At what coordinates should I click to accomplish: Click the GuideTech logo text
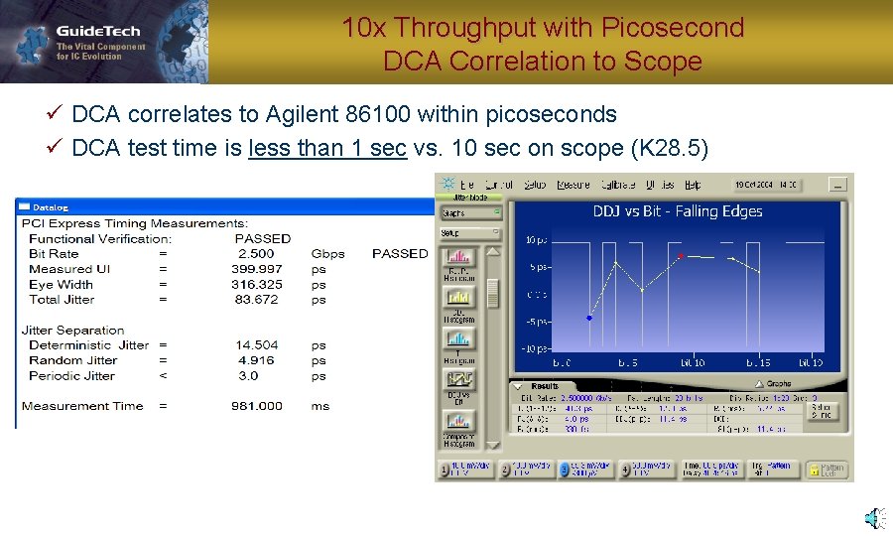point(97,31)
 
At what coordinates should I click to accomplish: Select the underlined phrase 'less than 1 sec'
point(327,149)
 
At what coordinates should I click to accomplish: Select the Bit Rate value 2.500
point(256,254)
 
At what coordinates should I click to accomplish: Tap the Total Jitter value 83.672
point(257,299)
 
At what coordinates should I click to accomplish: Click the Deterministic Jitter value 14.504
point(257,345)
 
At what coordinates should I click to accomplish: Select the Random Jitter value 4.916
point(256,360)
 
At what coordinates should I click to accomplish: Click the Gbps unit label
point(327,254)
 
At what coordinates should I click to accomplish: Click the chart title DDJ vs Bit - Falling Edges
point(678,211)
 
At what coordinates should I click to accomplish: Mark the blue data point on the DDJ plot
point(589,319)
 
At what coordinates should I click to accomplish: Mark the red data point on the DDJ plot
point(681,256)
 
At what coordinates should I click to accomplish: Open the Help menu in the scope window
point(693,185)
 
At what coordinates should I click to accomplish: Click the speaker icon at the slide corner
point(874,518)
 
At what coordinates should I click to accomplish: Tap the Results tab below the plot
point(545,386)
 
